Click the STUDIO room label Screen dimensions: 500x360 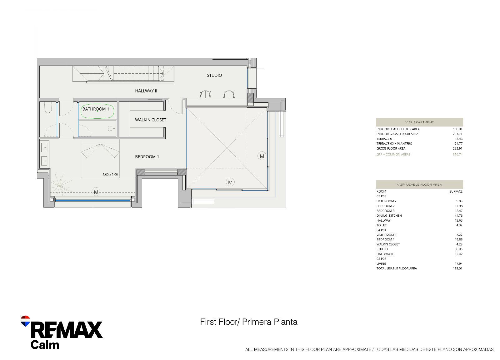click(x=214, y=75)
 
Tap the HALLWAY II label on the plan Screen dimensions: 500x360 click(x=146, y=91)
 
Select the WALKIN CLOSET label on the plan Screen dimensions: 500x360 click(x=151, y=120)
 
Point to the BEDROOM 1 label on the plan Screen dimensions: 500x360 click(x=147, y=157)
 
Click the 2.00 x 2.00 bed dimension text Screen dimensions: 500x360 click(x=110, y=175)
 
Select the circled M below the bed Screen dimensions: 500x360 click(x=96, y=192)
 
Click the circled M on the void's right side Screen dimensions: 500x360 click(x=262, y=156)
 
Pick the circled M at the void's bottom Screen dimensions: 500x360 click(x=230, y=182)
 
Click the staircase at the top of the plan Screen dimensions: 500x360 click(x=123, y=74)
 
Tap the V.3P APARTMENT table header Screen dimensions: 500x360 click(x=419, y=122)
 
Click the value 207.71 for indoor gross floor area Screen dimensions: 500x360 click(x=457, y=134)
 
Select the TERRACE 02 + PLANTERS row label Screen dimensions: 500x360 click(x=394, y=144)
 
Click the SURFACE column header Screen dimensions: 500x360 click(x=456, y=192)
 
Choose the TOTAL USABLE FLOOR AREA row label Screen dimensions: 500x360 click(x=397, y=269)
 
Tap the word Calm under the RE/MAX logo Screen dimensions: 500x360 click(x=45, y=345)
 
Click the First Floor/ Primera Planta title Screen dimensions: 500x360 click(x=249, y=322)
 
